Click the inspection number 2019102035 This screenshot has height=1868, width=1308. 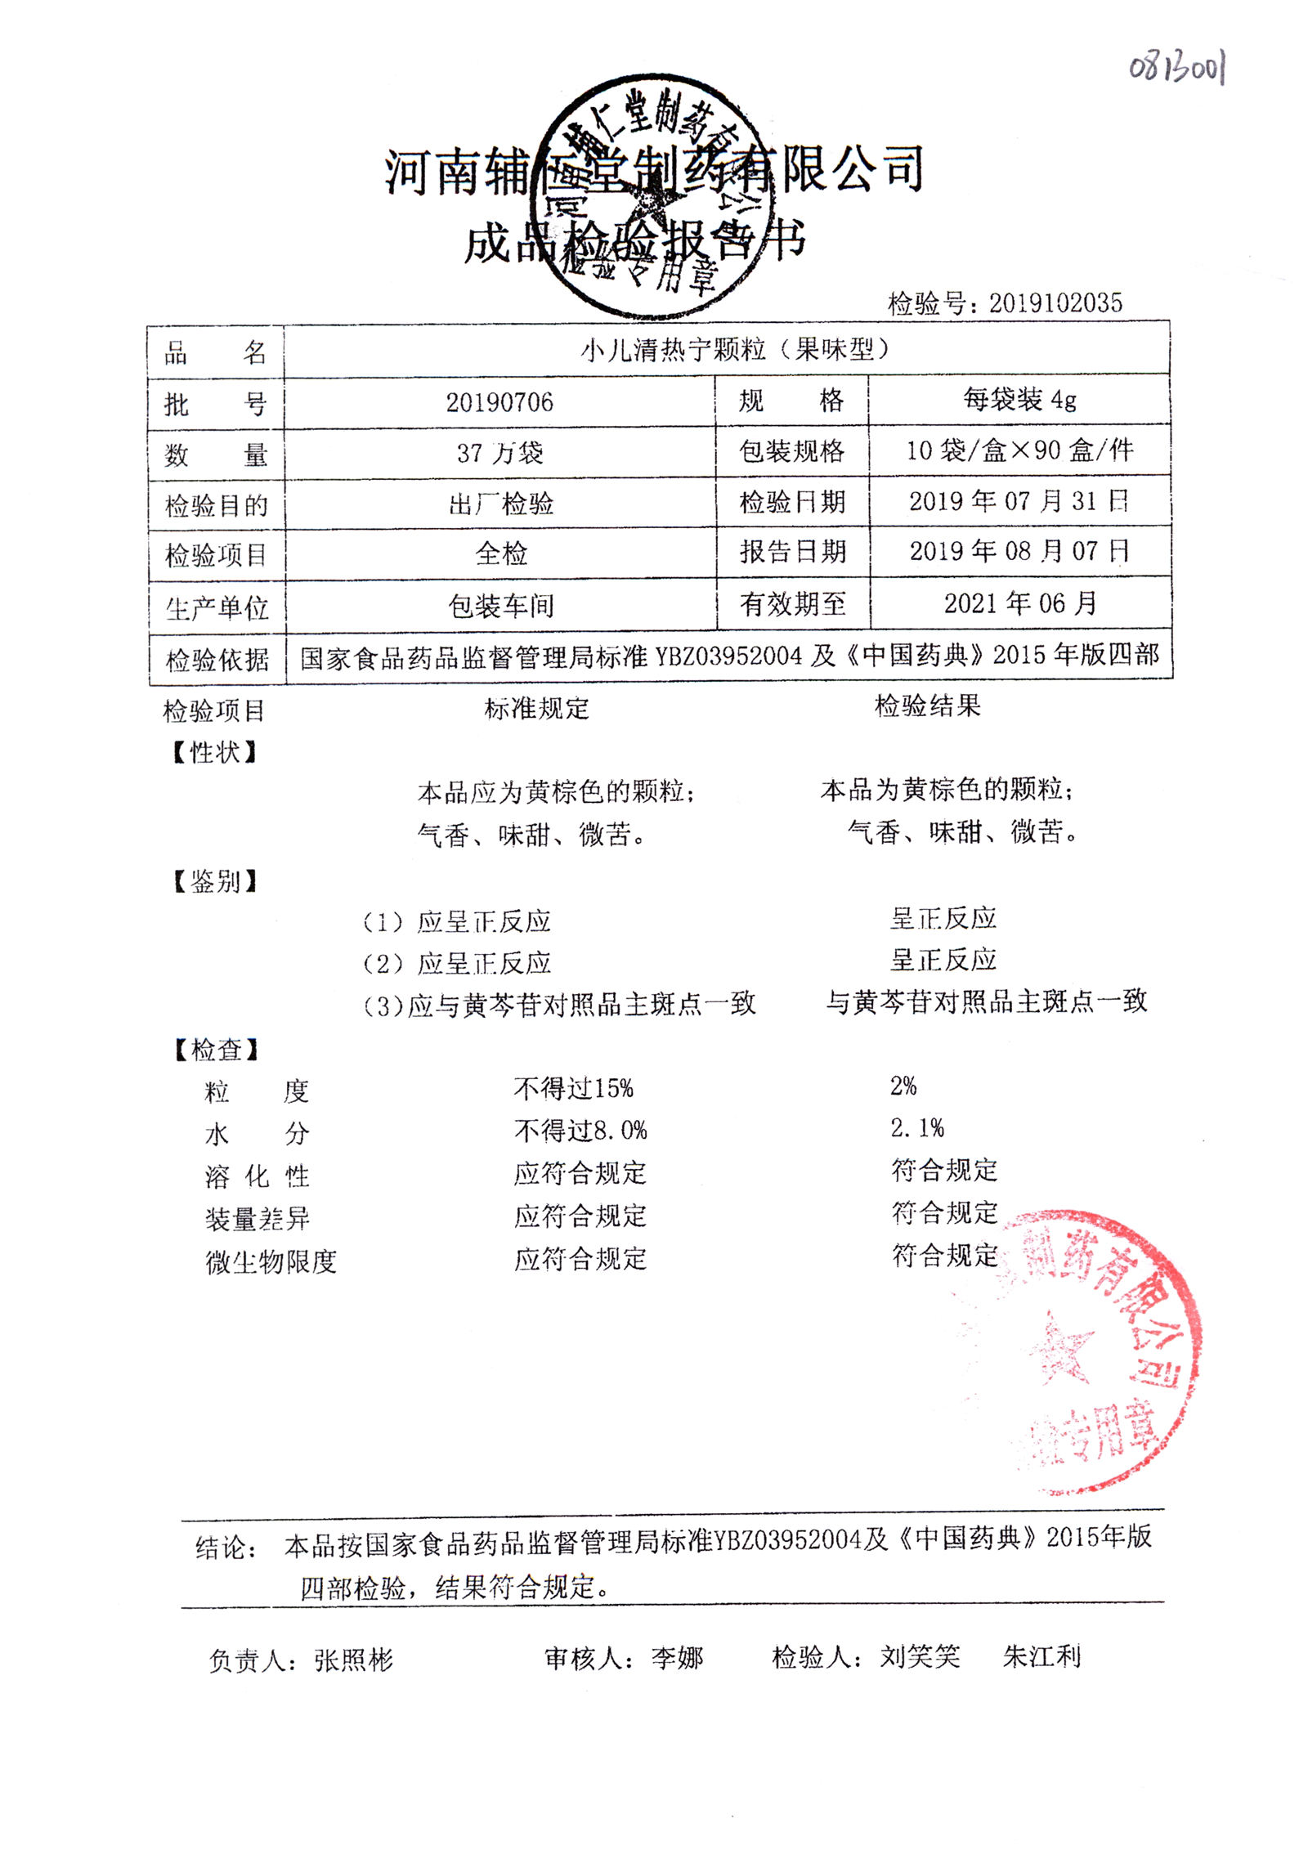coord(1055,303)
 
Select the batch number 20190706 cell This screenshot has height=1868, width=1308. coord(499,402)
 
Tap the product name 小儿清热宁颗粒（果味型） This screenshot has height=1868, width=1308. coord(734,350)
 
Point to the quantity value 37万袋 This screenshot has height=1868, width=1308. coord(499,453)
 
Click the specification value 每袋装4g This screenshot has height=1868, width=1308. coord(1019,400)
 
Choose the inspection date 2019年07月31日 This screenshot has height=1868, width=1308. coord(1019,501)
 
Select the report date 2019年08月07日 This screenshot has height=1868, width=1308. coord(1019,552)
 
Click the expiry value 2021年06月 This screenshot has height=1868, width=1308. coord(1019,604)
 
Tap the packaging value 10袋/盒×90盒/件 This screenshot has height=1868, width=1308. coord(1019,450)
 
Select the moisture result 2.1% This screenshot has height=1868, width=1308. coord(916,1128)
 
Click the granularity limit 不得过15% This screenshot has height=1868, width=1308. coord(573,1088)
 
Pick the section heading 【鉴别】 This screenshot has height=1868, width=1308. coord(215,881)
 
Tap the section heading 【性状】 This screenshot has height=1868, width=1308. coord(215,752)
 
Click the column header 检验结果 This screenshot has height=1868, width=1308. coord(927,706)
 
